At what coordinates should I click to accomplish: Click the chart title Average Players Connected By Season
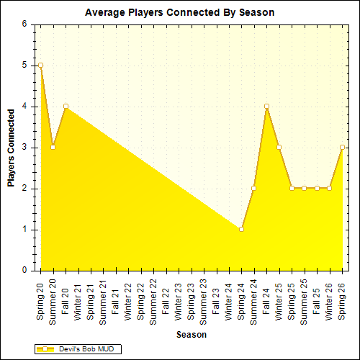tap(179, 12)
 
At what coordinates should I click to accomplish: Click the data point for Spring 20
tap(40, 65)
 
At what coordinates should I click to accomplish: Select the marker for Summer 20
tap(53, 147)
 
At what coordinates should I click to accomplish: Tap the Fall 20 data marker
tap(66, 106)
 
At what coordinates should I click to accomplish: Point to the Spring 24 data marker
tap(241, 229)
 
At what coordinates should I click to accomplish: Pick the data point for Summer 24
tap(253, 188)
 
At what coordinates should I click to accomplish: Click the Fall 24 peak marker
tap(266, 106)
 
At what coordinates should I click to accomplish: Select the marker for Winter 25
tap(279, 147)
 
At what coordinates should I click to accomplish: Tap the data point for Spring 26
tap(342, 147)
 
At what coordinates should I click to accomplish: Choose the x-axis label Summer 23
tap(204, 302)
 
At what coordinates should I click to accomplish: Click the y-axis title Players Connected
tap(12, 148)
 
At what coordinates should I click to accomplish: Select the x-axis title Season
tap(191, 335)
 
